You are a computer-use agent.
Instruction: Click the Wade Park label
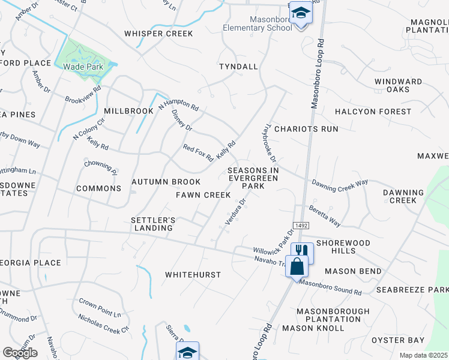point(83,67)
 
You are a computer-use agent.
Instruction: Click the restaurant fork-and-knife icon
point(301,251)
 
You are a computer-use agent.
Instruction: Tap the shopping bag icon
point(298,265)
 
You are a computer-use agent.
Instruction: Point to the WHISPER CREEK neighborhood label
point(158,34)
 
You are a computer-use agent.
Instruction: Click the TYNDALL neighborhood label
point(238,66)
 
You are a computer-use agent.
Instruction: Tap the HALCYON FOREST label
point(373,112)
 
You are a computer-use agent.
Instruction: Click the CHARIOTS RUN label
point(312,129)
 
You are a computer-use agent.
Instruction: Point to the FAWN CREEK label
point(203,195)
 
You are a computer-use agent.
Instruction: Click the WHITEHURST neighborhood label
point(193,274)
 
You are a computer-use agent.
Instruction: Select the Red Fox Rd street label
point(198,154)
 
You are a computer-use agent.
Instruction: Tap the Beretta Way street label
point(325,217)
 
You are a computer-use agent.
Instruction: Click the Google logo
point(20,352)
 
